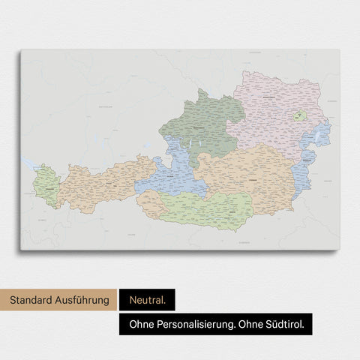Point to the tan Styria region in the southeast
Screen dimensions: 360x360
point(251,176)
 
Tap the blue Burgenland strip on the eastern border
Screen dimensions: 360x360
point(304,176)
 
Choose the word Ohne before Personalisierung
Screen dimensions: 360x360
point(139,323)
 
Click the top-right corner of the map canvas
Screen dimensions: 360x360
point(338,50)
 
